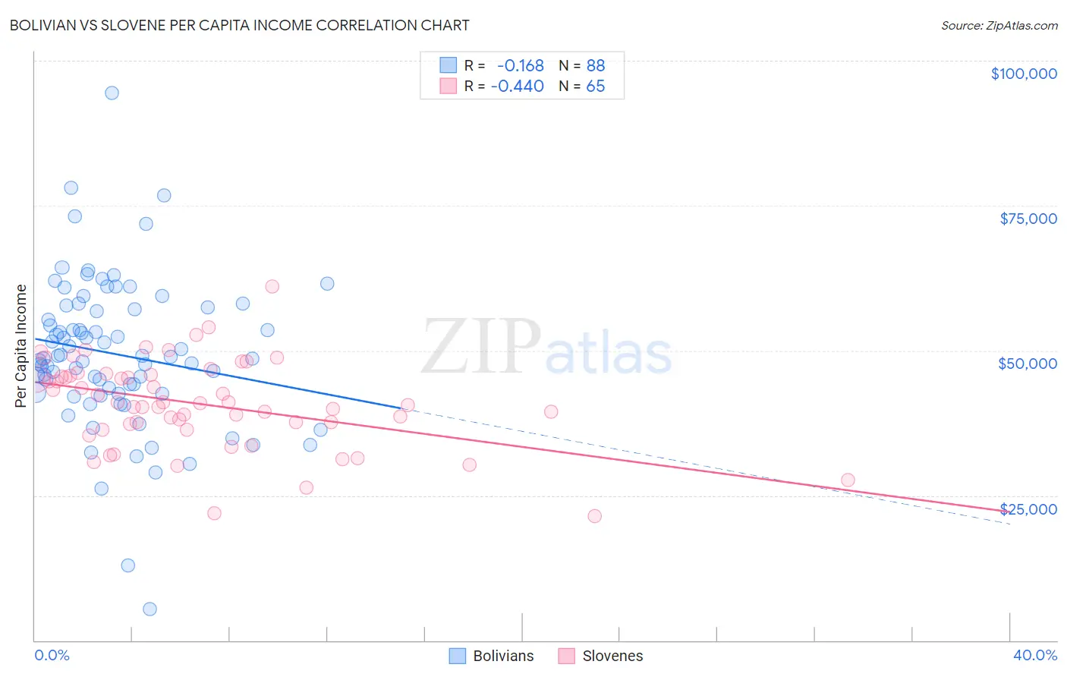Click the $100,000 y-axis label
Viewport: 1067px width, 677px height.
[x=1023, y=74]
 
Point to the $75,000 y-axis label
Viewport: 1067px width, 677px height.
[x=1028, y=219]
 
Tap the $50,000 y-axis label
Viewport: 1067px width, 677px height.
[x=1027, y=364]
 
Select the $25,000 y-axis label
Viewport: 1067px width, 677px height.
[x=1028, y=509]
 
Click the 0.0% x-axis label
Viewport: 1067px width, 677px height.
[x=52, y=655]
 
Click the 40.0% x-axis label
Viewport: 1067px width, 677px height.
[x=1034, y=655]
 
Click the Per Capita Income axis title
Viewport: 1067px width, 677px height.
[x=21, y=345]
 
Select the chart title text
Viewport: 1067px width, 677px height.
[x=239, y=25]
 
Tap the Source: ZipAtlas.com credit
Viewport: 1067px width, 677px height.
[x=999, y=25]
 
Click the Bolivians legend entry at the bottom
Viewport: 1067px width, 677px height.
[x=491, y=656]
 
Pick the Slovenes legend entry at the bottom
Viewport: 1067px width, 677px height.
[x=600, y=656]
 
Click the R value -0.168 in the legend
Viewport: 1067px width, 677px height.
[x=520, y=66]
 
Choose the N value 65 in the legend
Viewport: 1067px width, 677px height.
[x=595, y=87]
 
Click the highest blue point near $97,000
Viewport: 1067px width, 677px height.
[x=112, y=93]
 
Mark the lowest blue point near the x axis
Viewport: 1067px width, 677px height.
[x=150, y=609]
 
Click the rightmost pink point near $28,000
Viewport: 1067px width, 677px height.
[x=848, y=480]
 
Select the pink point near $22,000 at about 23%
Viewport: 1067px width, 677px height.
[x=594, y=516]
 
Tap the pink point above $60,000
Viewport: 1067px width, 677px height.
[x=272, y=286]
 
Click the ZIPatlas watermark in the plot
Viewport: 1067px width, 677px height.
[x=546, y=348]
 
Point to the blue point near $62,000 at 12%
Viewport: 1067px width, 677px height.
[x=327, y=283]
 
